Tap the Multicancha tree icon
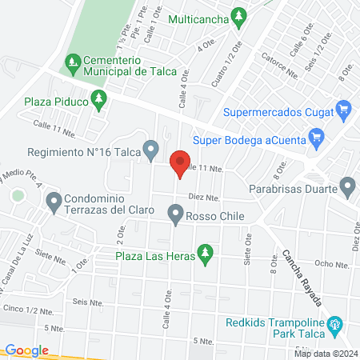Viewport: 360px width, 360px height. pyautogui.click(x=238, y=15)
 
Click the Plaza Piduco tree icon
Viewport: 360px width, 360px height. pyautogui.click(x=99, y=101)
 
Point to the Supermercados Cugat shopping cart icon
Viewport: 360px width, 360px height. pyautogui.click(x=344, y=109)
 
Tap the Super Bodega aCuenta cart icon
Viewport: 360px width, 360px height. pyautogui.click(x=317, y=138)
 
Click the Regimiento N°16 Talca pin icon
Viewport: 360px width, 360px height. pyautogui.click(x=150, y=149)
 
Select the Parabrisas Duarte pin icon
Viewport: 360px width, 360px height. pyautogui.click(x=347, y=189)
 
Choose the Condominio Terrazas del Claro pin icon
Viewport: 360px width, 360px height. pyautogui.click(x=54, y=202)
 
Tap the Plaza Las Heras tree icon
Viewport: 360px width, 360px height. pyautogui.click(x=206, y=254)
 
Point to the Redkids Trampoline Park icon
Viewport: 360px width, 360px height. pyautogui.click(x=335, y=326)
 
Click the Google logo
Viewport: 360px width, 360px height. pyautogui.click(x=26, y=350)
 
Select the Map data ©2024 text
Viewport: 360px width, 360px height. pyautogui.click(x=325, y=353)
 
